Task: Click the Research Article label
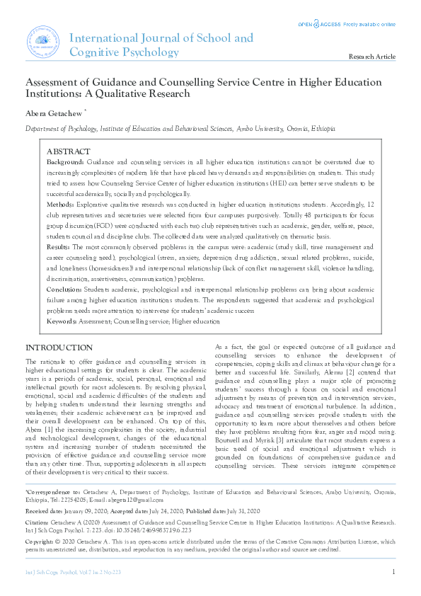(372, 56)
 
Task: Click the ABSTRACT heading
(68, 152)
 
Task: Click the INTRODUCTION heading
(59, 348)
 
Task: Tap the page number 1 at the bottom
(393, 571)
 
